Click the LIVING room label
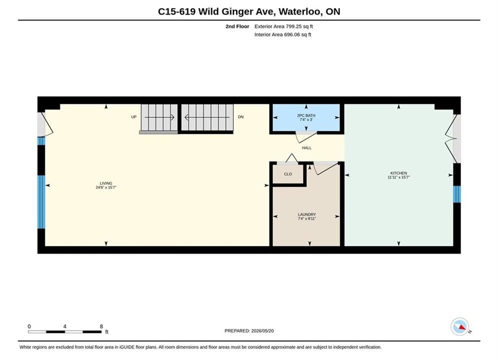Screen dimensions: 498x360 106,183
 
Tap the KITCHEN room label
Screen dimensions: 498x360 398,173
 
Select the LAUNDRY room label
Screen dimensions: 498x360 307,214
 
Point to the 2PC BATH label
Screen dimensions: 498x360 306,115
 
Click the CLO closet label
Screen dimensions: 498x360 288,174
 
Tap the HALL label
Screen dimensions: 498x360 306,148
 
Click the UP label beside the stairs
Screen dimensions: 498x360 134,117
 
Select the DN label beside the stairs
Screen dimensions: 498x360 241,117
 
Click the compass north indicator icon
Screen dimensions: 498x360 459,326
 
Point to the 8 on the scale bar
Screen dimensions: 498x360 101,326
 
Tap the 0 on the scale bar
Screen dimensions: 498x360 29,326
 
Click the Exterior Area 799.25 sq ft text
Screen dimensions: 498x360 284,26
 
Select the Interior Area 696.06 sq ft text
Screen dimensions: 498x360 283,34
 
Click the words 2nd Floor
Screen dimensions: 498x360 237,26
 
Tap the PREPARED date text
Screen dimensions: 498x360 249,331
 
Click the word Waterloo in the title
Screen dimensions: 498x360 301,11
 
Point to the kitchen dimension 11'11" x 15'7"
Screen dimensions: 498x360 398,177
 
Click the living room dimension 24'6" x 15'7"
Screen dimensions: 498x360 106,187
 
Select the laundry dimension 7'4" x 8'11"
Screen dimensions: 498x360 307,218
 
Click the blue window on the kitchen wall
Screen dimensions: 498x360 457,194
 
